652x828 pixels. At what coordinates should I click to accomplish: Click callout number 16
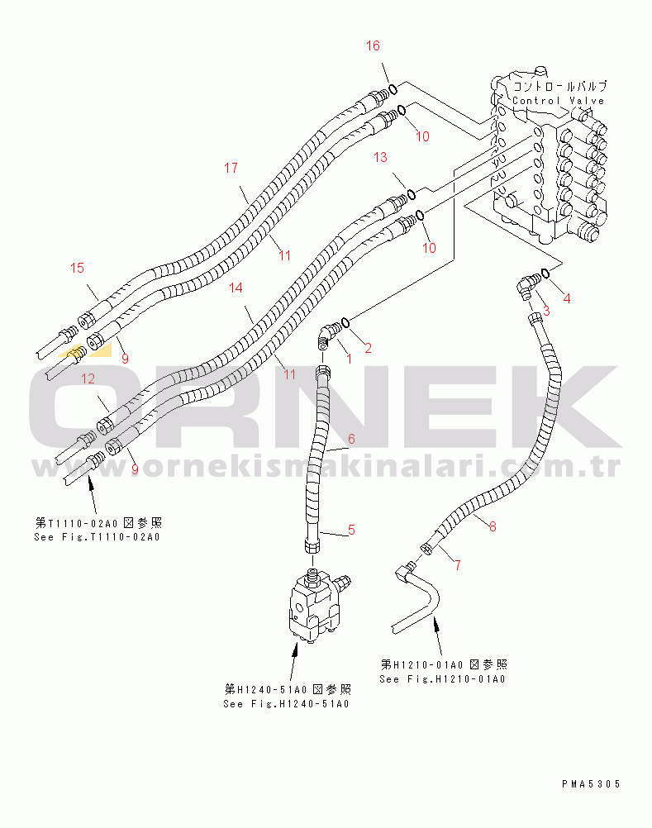[x=374, y=45]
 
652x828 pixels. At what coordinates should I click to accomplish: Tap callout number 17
[x=231, y=169]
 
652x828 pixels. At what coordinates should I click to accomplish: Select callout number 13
[x=380, y=157]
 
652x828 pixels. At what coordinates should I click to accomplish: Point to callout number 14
[x=236, y=288]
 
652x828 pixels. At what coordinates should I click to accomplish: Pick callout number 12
[x=88, y=378]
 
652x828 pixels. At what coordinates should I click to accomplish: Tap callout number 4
[x=566, y=297]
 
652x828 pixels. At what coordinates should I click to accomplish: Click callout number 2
[x=369, y=348]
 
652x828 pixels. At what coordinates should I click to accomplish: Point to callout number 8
[x=493, y=526]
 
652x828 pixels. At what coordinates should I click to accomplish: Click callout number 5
[x=351, y=530]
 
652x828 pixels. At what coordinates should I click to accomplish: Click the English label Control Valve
[x=558, y=101]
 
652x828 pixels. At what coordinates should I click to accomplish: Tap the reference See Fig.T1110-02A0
[x=97, y=537]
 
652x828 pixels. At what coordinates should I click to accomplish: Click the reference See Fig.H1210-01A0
[x=442, y=678]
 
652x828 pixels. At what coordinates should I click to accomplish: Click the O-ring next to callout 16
[x=393, y=88]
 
